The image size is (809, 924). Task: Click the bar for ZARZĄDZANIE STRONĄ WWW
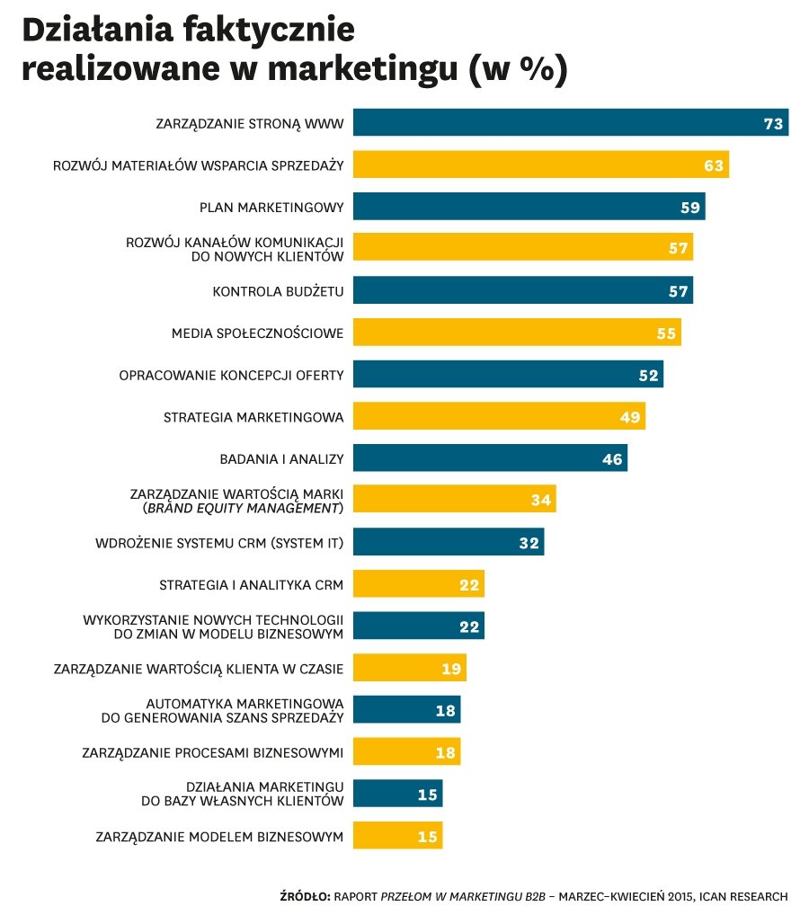pos(570,123)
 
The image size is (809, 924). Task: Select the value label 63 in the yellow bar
pos(715,165)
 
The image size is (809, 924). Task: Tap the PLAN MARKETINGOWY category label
pos(271,208)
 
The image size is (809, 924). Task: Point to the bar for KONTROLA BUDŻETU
pos(522,291)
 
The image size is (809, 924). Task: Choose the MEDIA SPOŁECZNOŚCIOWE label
pos(257,333)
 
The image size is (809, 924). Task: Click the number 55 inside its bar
pos(666,333)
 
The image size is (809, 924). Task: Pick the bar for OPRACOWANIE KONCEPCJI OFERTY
pos(508,375)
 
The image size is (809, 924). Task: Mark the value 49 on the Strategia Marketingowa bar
pos(630,417)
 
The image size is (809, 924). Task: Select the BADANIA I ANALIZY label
pos(281,459)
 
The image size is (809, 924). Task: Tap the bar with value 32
pos(448,543)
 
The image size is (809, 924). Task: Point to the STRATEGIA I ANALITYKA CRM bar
pos(418,584)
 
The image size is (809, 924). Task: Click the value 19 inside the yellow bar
pos(451,668)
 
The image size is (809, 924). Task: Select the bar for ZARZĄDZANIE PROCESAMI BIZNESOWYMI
pos(406,752)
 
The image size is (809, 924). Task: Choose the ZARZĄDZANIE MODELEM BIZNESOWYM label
pos(219,837)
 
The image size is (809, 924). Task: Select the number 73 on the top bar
pos(773,124)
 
